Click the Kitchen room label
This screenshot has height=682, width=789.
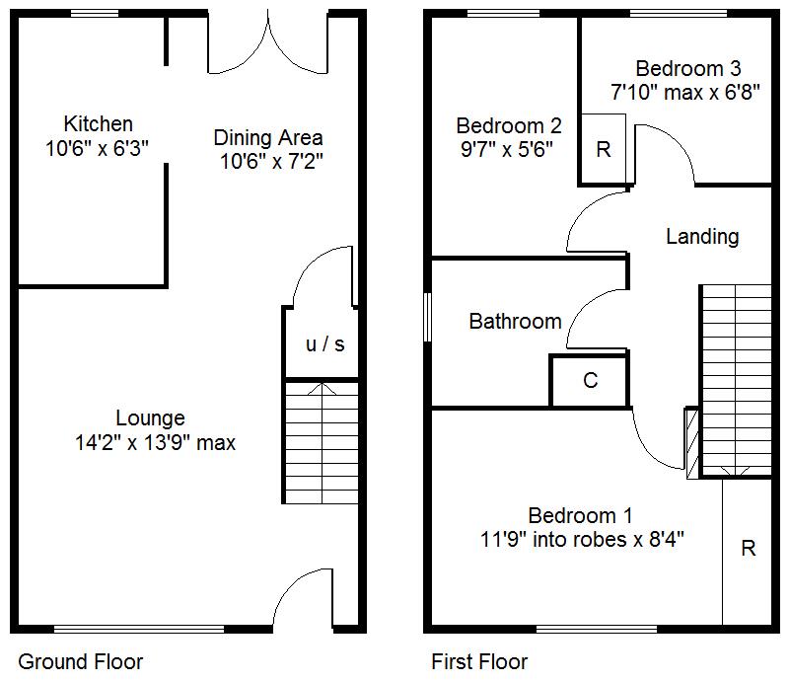pos(98,124)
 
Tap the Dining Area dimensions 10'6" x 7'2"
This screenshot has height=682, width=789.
pos(271,162)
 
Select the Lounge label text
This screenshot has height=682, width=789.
pos(151,418)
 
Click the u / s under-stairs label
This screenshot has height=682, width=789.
pos(325,344)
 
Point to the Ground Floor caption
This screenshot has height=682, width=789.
pos(81,662)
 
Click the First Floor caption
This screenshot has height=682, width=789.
pos(479,662)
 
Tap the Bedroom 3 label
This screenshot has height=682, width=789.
pos(688,68)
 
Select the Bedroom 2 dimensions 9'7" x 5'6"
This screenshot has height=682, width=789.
pos(507,150)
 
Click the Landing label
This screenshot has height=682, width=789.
pos(702,237)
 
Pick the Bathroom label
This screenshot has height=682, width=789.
pos(515,322)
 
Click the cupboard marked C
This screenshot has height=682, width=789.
pos(590,381)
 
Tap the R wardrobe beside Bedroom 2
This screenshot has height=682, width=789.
pos(604,149)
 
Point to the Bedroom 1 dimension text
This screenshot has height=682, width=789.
pos(582,540)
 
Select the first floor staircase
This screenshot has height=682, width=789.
pos(737,380)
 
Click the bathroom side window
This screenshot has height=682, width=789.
pos(427,318)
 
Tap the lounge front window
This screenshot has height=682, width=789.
pos(139,629)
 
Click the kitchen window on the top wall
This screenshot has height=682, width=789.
pos(95,13)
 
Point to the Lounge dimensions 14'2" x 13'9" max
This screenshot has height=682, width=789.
pos(156,443)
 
